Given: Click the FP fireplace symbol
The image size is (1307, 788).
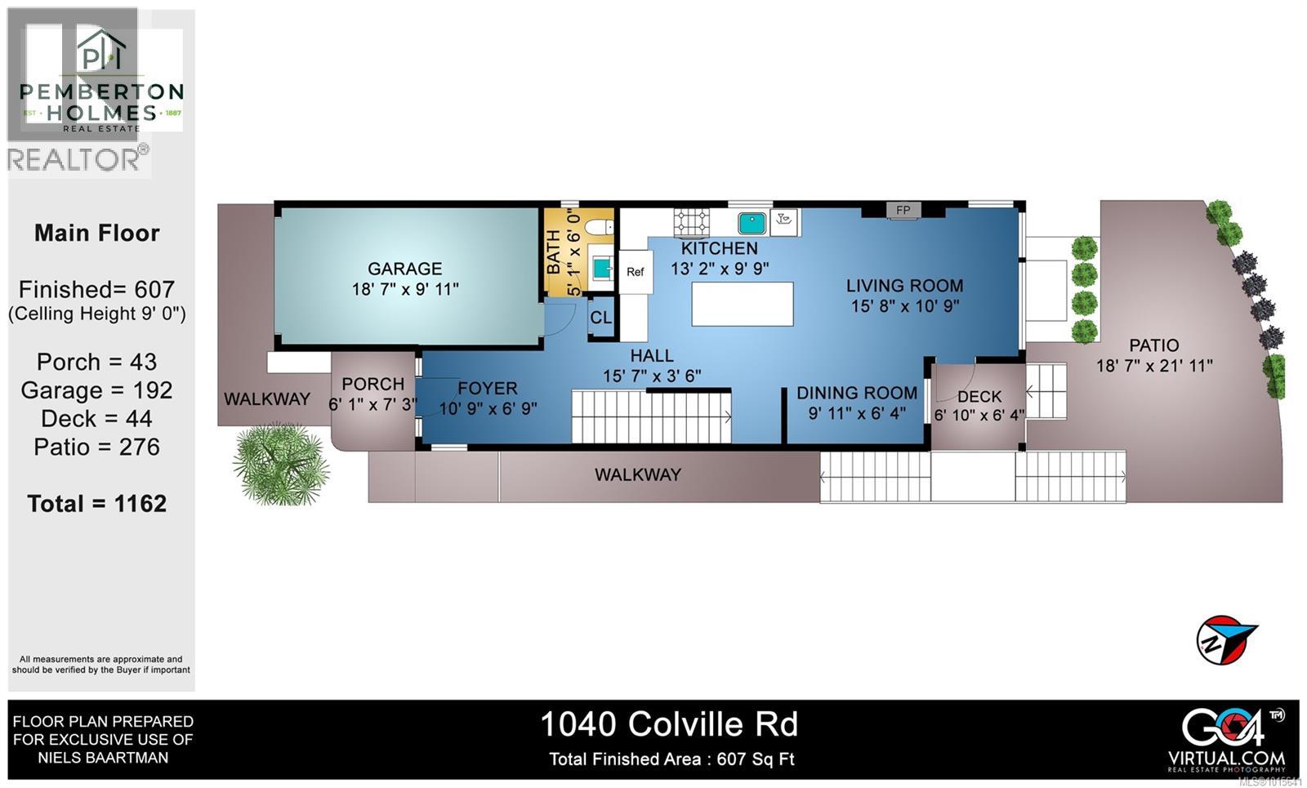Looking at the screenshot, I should click(903, 211).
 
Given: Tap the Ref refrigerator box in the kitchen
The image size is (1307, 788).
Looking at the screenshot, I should click(635, 272).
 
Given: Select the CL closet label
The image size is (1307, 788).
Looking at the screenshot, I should click(600, 318).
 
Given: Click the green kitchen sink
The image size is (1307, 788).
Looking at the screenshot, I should click(752, 222).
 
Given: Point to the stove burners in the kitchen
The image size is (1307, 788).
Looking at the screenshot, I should click(691, 222).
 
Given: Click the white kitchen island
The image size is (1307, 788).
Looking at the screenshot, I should click(742, 304).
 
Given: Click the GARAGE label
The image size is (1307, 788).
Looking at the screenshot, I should click(404, 269).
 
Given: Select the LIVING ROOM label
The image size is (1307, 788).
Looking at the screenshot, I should click(904, 286).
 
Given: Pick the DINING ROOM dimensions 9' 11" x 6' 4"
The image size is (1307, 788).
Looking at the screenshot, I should click(857, 413).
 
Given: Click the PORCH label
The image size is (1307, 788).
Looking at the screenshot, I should click(372, 384).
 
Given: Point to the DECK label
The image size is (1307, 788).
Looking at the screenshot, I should click(979, 397).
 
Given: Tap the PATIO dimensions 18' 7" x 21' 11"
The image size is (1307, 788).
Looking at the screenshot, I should click(1153, 366).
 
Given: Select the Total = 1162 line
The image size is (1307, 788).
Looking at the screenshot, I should click(97, 504).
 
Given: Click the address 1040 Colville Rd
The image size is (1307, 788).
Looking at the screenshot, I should click(669, 724).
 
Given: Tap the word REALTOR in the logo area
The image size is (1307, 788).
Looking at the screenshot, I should click(74, 159).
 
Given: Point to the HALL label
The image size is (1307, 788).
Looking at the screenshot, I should click(651, 356).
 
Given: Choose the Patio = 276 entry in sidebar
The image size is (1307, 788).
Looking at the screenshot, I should click(97, 447).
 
